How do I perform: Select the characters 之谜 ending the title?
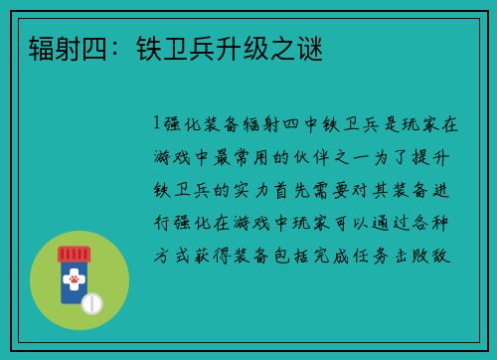(x=301, y=47)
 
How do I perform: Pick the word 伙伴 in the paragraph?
(x=334, y=156)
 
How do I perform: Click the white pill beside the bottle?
(x=92, y=302)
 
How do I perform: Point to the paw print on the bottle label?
(x=73, y=282)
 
